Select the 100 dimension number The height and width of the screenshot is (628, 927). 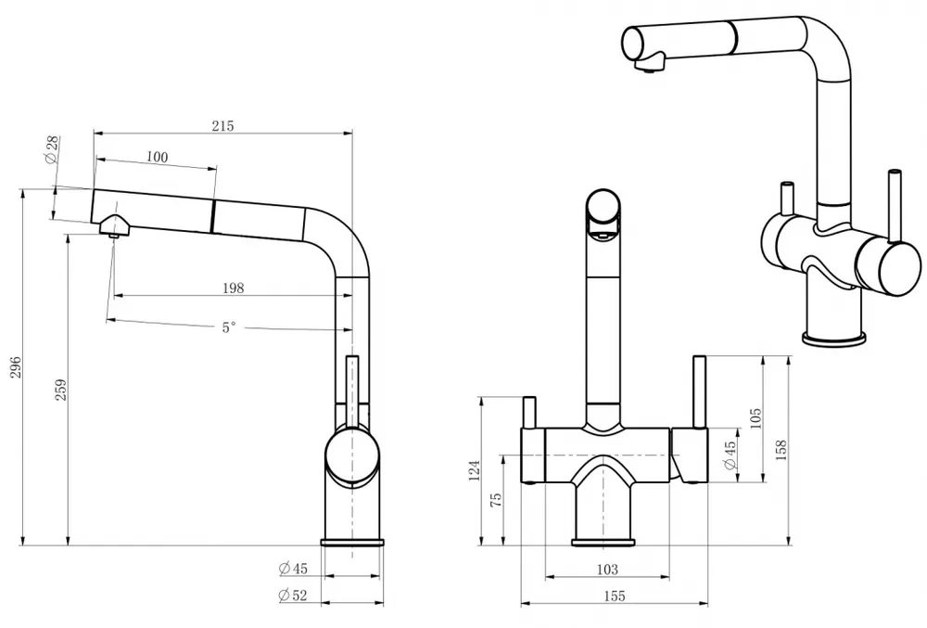tap(158, 157)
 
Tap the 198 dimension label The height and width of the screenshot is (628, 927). tap(234, 288)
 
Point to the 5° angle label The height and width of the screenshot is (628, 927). tap(228, 327)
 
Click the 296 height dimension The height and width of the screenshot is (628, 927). tap(13, 368)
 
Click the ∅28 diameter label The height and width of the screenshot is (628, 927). tap(51, 149)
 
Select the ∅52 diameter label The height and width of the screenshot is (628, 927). tap(293, 596)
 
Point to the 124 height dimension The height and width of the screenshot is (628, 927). tap(472, 471)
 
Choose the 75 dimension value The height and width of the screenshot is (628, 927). tap(496, 498)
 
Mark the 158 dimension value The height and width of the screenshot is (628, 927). tap(781, 449)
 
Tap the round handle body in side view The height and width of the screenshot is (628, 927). tap(351, 455)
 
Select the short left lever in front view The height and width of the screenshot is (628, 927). tap(530, 414)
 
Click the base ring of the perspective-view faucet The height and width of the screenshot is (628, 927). tap(832, 340)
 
